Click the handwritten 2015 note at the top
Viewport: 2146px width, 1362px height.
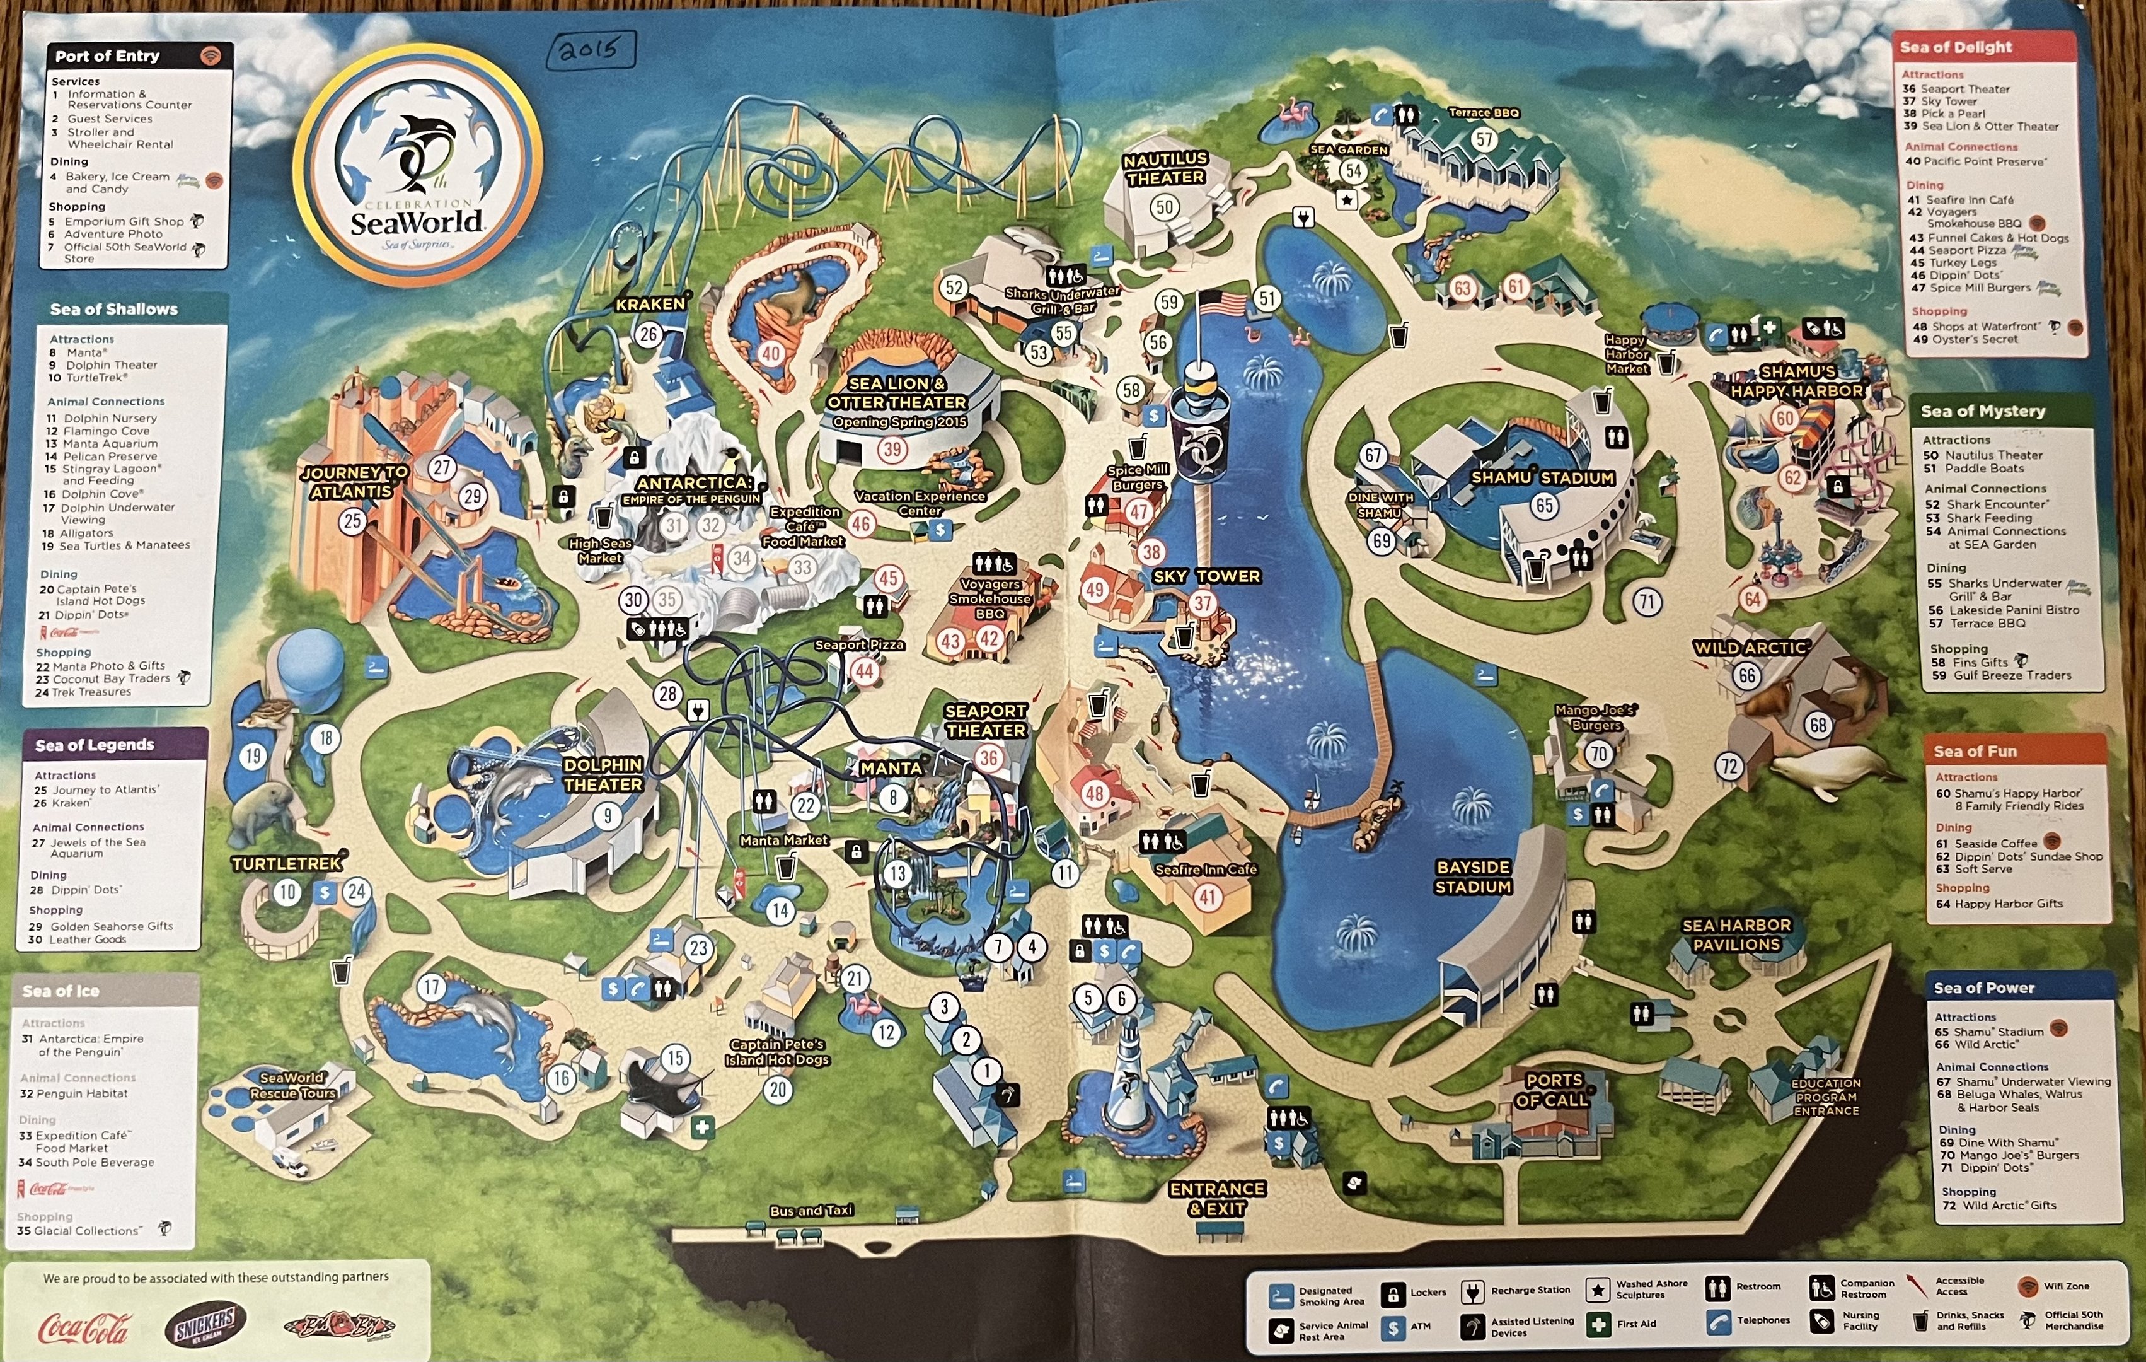pos(590,49)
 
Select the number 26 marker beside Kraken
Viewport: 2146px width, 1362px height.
pos(648,334)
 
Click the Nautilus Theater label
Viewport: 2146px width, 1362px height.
pos(1165,168)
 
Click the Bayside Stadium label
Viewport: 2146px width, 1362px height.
pos(1473,876)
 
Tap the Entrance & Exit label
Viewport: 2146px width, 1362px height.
pos(1218,1199)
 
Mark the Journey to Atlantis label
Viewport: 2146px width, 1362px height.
pos(354,481)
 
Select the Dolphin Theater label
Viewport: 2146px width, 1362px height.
pos(603,774)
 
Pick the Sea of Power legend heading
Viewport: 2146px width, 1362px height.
pos(1984,987)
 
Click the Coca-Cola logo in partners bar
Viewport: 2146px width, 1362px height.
pos(84,1328)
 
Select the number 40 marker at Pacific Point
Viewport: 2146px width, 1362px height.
pos(771,353)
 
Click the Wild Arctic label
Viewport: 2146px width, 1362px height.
pos(1750,648)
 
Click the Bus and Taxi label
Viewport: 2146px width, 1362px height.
pos(811,1211)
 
